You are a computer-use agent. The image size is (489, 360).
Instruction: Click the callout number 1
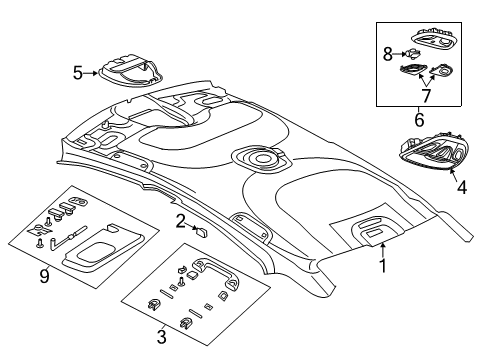coord(381,267)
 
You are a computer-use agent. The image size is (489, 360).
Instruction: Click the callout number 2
coord(179,220)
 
